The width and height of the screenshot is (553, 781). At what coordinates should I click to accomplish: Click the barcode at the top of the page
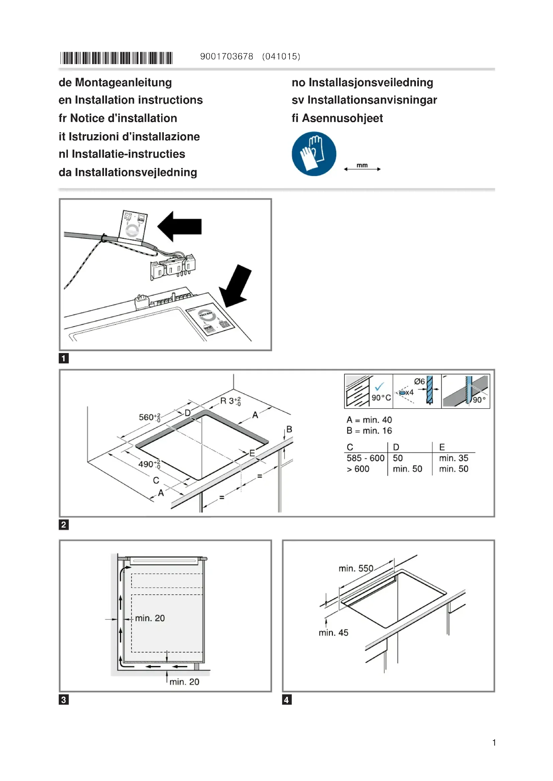[x=116, y=58]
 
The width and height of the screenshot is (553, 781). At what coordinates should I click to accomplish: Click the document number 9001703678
[x=226, y=56]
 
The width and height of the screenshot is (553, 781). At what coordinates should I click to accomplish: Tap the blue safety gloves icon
[x=314, y=154]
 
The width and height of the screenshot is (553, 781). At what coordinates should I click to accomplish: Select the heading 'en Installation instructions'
[x=130, y=100]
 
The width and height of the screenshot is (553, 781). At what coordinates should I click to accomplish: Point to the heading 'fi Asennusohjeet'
[x=337, y=118]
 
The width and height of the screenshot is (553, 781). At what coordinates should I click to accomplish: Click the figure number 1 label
[x=64, y=358]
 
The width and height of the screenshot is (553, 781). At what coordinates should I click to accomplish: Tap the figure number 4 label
[x=287, y=700]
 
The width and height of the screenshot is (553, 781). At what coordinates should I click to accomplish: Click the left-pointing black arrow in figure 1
[x=180, y=226]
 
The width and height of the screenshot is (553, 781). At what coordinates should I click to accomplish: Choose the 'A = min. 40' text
[x=369, y=420]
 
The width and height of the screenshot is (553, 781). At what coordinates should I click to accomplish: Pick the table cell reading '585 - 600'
[x=365, y=458]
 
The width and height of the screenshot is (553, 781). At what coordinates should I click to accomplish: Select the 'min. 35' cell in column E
[x=454, y=458]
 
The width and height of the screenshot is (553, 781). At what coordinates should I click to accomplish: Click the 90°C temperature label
[x=381, y=398]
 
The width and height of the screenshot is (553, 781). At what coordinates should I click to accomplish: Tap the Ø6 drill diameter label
[x=420, y=382]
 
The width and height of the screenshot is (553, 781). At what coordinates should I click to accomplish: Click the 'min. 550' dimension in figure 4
[x=356, y=568]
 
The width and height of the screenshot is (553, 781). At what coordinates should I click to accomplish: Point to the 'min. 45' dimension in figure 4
[x=333, y=633]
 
